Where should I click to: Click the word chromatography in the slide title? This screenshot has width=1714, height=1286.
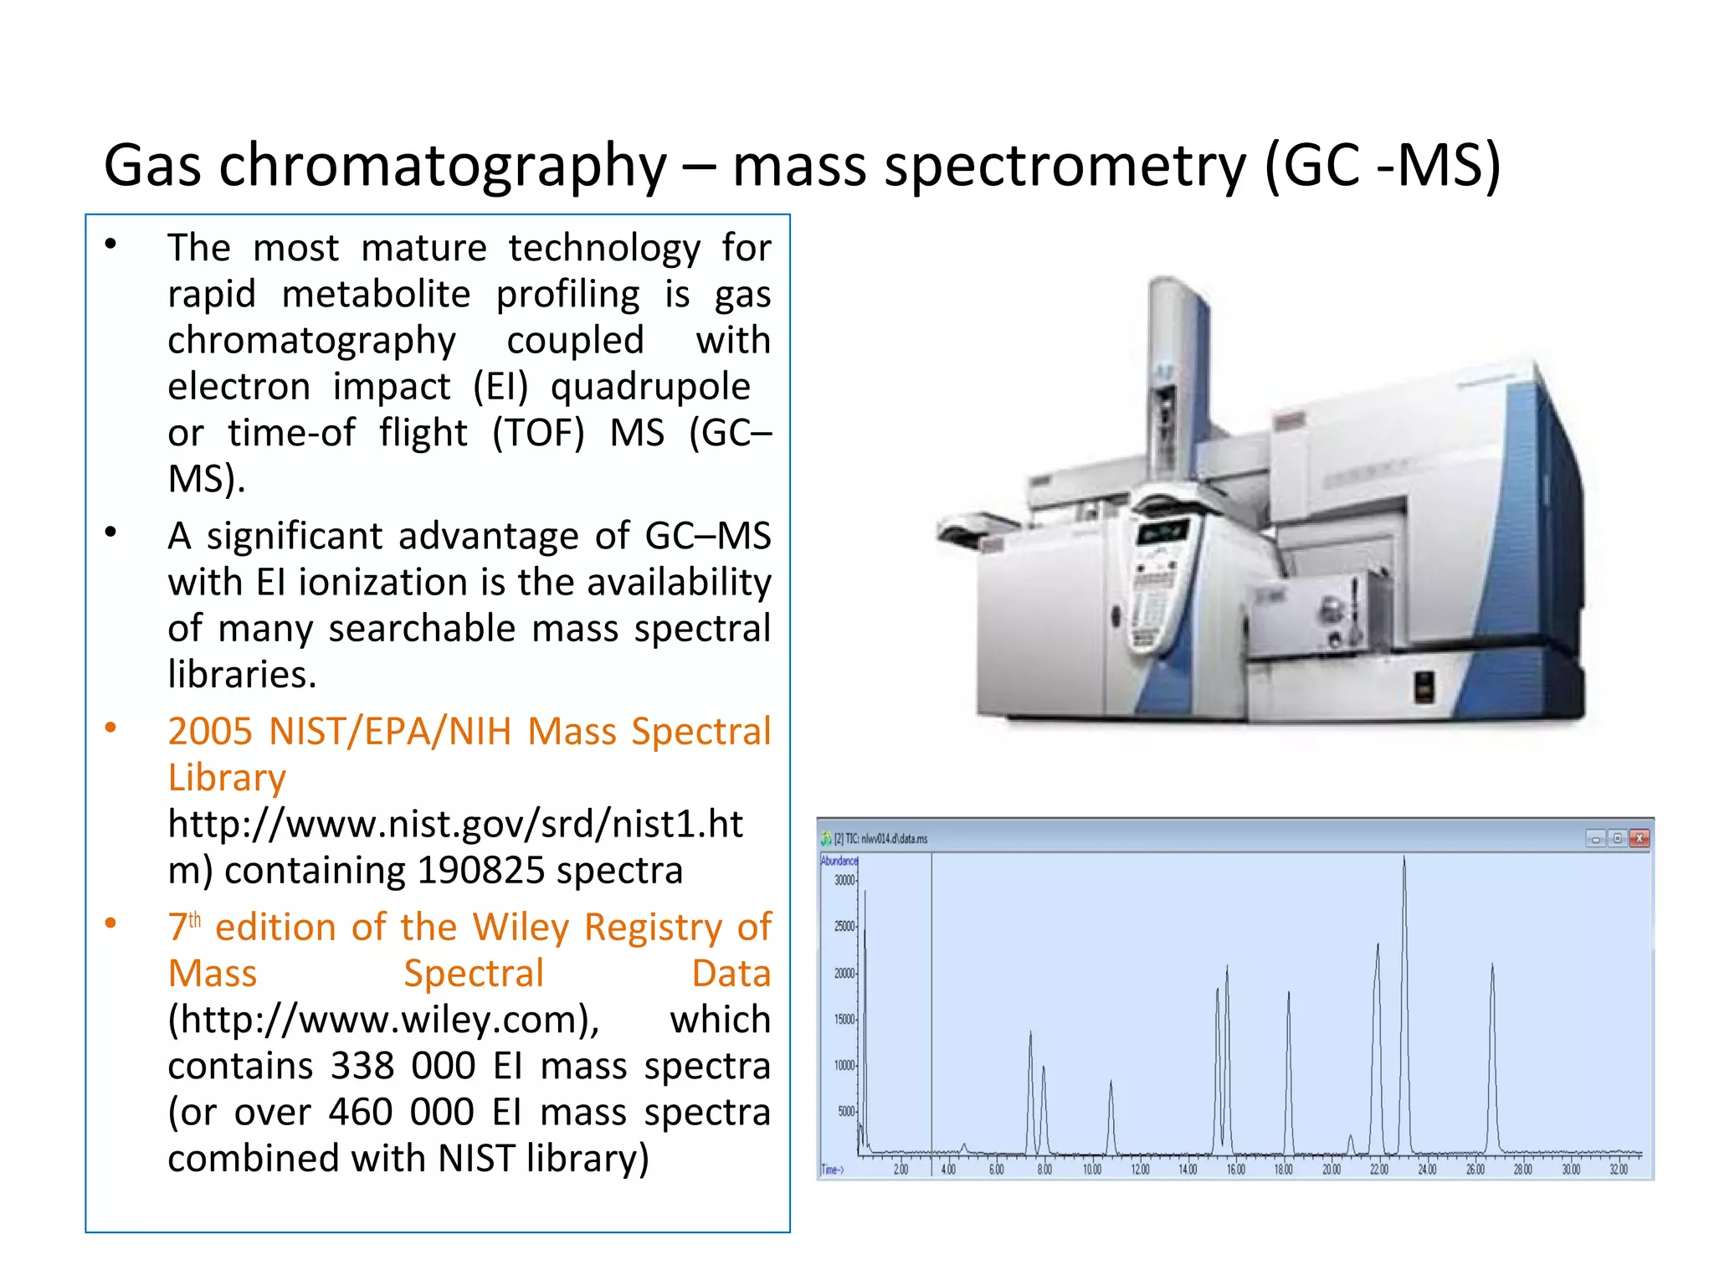click(x=443, y=166)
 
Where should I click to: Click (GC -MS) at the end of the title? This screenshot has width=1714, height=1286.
click(x=1382, y=166)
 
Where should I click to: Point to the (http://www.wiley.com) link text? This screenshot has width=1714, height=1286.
click(x=383, y=1020)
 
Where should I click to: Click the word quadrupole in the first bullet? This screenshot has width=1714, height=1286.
click(x=650, y=387)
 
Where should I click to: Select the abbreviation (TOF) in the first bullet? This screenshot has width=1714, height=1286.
click(x=537, y=433)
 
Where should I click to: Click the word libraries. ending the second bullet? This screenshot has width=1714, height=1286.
click(x=242, y=674)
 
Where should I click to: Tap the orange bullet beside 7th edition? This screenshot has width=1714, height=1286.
click(x=110, y=923)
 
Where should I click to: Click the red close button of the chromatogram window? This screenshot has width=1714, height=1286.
click(x=1640, y=838)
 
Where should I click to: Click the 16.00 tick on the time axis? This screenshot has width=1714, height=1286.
click(x=1235, y=1170)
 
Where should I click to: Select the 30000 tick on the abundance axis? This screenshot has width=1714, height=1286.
click(x=844, y=880)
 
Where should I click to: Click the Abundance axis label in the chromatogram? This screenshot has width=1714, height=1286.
click(x=839, y=861)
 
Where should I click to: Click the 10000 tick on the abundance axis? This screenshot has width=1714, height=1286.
click(x=844, y=1066)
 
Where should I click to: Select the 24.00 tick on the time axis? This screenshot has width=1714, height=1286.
click(x=1427, y=1170)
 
